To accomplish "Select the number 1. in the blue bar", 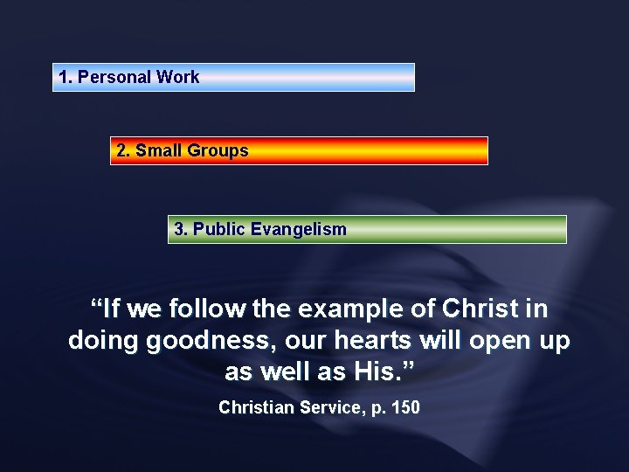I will pyautogui.click(x=65, y=77).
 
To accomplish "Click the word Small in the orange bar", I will pyautogui.click(x=159, y=150).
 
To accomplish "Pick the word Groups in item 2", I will pyautogui.click(x=218, y=150).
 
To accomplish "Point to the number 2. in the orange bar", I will pyautogui.click(x=123, y=150).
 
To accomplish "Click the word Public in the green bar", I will pyautogui.click(x=218, y=229).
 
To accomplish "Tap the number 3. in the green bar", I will pyautogui.click(x=181, y=229).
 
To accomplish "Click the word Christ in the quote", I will pyautogui.click(x=480, y=309).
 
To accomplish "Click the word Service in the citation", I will pyautogui.click(x=332, y=407).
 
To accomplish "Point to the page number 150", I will pyautogui.click(x=405, y=407).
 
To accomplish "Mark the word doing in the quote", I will pyautogui.click(x=103, y=341).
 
